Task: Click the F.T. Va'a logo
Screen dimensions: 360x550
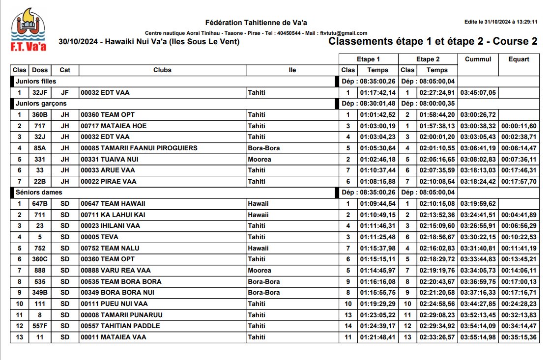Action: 29,29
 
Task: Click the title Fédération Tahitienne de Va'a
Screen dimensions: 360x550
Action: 256,23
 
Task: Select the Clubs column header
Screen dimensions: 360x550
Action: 162,70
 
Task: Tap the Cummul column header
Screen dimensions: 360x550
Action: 478,59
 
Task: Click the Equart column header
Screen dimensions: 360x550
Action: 519,59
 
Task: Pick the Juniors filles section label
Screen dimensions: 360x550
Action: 36,81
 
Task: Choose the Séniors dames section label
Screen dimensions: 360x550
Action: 39,193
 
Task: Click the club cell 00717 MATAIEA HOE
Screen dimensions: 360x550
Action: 114,126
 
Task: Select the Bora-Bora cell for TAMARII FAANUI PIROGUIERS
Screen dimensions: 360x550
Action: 263,148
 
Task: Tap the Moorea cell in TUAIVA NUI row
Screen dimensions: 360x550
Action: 259,159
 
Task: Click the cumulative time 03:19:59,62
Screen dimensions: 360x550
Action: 478,204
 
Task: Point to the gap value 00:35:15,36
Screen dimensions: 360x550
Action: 519,337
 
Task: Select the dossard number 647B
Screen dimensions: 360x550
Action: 39,204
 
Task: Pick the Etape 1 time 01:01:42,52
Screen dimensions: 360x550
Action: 377,115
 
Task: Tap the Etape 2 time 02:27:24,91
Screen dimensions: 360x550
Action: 437,92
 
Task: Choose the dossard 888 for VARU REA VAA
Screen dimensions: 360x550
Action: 39,271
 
